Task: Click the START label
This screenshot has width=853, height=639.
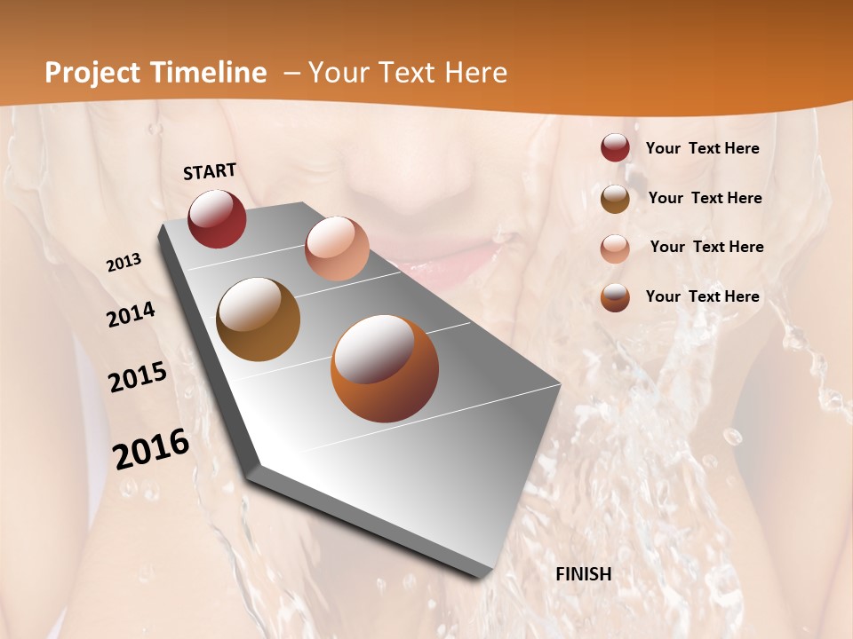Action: pyautogui.click(x=210, y=171)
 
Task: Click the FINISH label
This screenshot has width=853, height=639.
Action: pyautogui.click(x=583, y=574)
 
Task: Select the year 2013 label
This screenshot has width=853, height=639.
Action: pyautogui.click(x=124, y=263)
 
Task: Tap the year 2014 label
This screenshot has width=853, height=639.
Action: pyautogui.click(x=131, y=314)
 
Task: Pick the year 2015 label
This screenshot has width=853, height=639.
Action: pyautogui.click(x=138, y=377)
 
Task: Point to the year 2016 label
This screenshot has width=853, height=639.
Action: pyautogui.click(x=151, y=448)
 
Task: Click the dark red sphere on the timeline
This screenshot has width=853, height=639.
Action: pyautogui.click(x=217, y=218)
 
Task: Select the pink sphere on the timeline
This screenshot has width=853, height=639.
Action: pyautogui.click(x=337, y=248)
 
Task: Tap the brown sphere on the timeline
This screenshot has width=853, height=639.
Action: pyautogui.click(x=258, y=319)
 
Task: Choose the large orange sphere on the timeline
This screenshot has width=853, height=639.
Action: pyautogui.click(x=384, y=368)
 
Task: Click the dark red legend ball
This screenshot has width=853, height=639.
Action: pyautogui.click(x=615, y=148)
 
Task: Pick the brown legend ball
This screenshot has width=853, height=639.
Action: pyautogui.click(x=615, y=198)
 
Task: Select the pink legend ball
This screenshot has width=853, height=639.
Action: pyautogui.click(x=615, y=248)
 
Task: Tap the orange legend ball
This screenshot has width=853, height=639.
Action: pyautogui.click(x=615, y=297)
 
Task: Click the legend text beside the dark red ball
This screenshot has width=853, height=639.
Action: pyautogui.click(x=702, y=148)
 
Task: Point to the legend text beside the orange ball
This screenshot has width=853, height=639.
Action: pyautogui.click(x=702, y=296)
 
